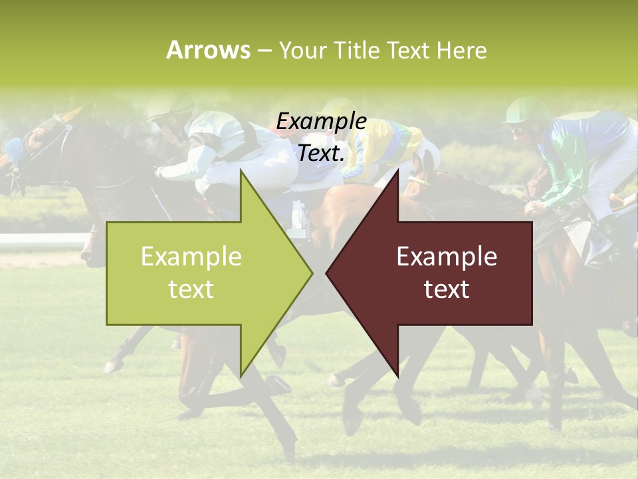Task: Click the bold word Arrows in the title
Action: [x=209, y=50]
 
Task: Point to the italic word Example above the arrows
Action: [x=322, y=122]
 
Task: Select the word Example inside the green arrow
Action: [x=191, y=257]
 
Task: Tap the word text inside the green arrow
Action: [x=191, y=289]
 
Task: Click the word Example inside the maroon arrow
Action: [x=447, y=257]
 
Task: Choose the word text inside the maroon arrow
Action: [x=447, y=289]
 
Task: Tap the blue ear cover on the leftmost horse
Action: [x=14, y=149]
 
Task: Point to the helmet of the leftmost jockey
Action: [x=170, y=104]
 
